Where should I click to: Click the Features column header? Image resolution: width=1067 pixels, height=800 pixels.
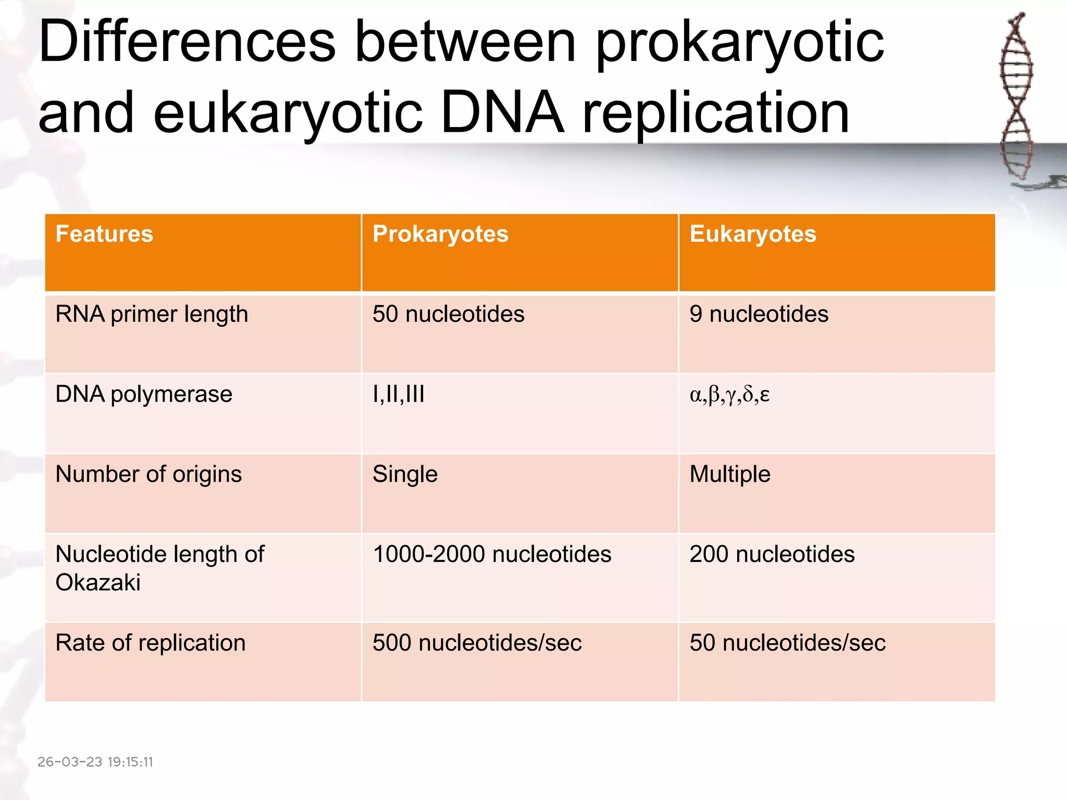click(x=104, y=234)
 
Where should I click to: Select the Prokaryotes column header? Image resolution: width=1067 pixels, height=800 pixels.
click(x=440, y=234)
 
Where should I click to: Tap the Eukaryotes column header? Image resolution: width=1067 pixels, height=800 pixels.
click(x=753, y=234)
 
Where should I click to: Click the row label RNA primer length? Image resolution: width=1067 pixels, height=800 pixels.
click(x=152, y=315)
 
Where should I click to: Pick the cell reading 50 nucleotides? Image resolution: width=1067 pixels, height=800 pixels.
click(x=448, y=314)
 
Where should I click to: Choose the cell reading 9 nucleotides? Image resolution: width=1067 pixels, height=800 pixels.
click(x=759, y=314)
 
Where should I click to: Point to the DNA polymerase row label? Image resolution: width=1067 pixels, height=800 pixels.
click(x=144, y=394)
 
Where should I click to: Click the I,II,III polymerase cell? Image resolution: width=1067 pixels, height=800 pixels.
click(x=399, y=394)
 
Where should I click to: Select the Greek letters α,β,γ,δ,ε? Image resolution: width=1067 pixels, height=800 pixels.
click(x=729, y=394)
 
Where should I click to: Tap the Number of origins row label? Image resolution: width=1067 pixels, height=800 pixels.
click(x=148, y=474)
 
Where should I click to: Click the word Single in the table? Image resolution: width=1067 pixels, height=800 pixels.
click(x=405, y=474)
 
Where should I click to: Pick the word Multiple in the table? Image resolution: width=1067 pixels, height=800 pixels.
click(x=730, y=474)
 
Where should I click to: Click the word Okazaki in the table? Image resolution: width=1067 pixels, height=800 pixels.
click(x=98, y=583)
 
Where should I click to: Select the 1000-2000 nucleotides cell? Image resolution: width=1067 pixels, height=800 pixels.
click(x=492, y=554)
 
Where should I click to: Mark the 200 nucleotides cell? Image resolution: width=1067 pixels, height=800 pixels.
click(x=772, y=554)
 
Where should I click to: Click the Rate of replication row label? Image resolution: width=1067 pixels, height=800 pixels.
click(x=150, y=643)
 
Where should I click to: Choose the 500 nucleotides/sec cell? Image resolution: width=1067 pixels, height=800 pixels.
click(x=477, y=643)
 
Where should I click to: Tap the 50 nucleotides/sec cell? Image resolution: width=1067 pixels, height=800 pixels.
click(x=787, y=643)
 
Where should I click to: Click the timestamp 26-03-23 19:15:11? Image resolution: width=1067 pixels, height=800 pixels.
click(x=95, y=762)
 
